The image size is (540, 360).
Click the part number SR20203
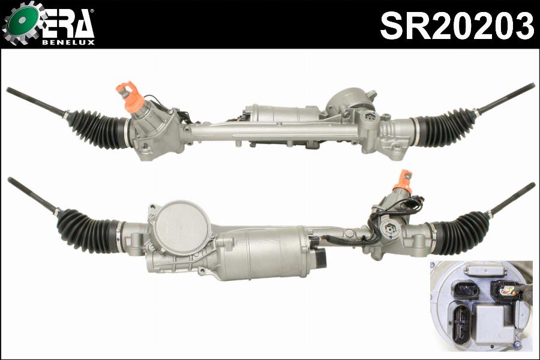coord(457,25)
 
